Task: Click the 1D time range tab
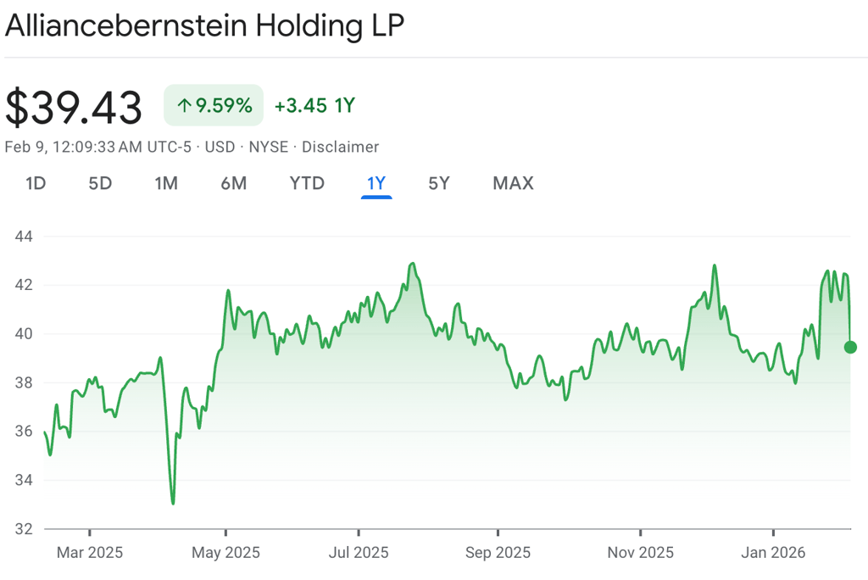click(36, 183)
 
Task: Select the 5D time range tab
click(100, 183)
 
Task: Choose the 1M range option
click(166, 183)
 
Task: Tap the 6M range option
click(233, 183)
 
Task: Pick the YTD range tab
click(307, 183)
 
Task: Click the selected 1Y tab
click(376, 183)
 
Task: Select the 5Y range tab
click(438, 183)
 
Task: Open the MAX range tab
click(513, 183)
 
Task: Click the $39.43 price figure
click(74, 108)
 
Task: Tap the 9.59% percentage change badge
click(214, 106)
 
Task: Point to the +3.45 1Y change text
click(314, 106)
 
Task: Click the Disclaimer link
click(340, 147)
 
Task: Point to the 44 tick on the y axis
click(24, 236)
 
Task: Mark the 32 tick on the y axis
click(24, 529)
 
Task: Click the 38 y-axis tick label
click(24, 382)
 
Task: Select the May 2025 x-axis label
click(225, 553)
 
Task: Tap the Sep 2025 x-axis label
click(498, 553)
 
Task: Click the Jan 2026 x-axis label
click(773, 553)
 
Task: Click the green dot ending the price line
click(850, 347)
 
